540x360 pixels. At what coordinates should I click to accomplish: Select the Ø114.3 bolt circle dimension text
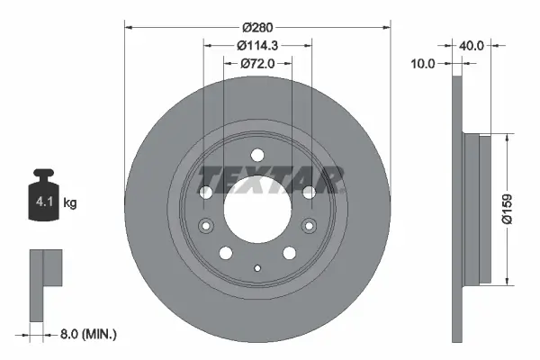(x=257, y=45)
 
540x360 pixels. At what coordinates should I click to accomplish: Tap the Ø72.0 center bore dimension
(x=257, y=64)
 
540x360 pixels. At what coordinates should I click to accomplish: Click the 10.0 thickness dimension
(x=422, y=64)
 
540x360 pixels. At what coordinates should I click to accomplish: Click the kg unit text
(x=70, y=203)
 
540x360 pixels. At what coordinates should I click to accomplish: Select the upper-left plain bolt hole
(x=206, y=192)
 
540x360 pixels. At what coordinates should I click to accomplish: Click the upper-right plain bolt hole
(x=309, y=192)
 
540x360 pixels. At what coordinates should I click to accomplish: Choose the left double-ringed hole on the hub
(x=206, y=226)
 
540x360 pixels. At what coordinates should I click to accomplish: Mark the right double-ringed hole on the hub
(x=309, y=226)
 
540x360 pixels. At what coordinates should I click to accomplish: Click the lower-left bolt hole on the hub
(x=227, y=253)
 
